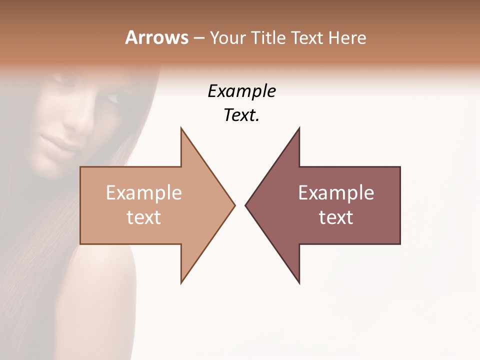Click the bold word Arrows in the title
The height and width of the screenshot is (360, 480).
click(156, 37)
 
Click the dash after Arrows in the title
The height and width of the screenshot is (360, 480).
click(198, 38)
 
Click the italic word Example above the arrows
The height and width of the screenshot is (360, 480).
click(242, 91)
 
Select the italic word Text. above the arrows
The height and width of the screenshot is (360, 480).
click(242, 115)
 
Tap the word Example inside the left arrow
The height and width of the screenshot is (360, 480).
click(144, 193)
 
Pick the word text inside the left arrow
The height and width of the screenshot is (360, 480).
click(144, 217)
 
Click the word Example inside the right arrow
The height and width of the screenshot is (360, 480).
click(336, 193)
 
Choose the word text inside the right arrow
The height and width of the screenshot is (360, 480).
click(336, 217)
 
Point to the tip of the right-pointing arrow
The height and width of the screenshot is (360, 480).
click(234, 205)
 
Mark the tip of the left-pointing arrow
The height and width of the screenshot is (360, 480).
click(245, 205)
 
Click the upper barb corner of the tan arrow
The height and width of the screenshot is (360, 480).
click(181, 128)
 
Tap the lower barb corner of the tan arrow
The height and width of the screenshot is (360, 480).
click(181, 283)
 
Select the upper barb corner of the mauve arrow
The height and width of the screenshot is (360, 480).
click(299, 128)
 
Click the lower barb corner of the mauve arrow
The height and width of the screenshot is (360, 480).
click(299, 283)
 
